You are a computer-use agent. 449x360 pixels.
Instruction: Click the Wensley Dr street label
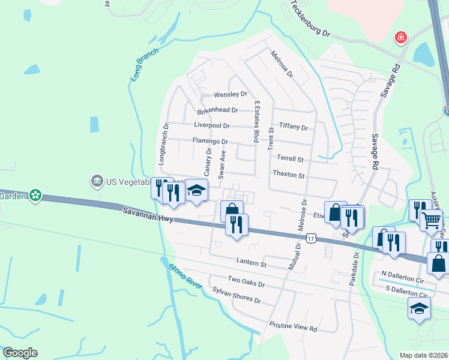[231, 94]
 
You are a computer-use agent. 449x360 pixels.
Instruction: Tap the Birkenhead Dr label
[218, 110]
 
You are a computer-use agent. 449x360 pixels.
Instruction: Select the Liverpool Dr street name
[212, 126]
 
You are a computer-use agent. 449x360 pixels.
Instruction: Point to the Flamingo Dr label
[210, 142]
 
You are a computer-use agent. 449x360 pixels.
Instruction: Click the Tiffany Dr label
[294, 128]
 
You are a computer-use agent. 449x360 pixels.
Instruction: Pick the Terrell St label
[291, 160]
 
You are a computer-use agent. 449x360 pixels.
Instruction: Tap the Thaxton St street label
[289, 175]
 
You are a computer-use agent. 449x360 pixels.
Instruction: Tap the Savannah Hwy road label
[148, 215]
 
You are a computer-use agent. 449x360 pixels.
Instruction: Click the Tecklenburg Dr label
[311, 19]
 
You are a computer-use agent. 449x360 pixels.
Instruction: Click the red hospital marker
[400, 38]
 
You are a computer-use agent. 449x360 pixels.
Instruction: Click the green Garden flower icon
[35, 196]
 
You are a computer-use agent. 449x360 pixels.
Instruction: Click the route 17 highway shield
[310, 239]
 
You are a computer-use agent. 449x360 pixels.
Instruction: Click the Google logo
[20, 353]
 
